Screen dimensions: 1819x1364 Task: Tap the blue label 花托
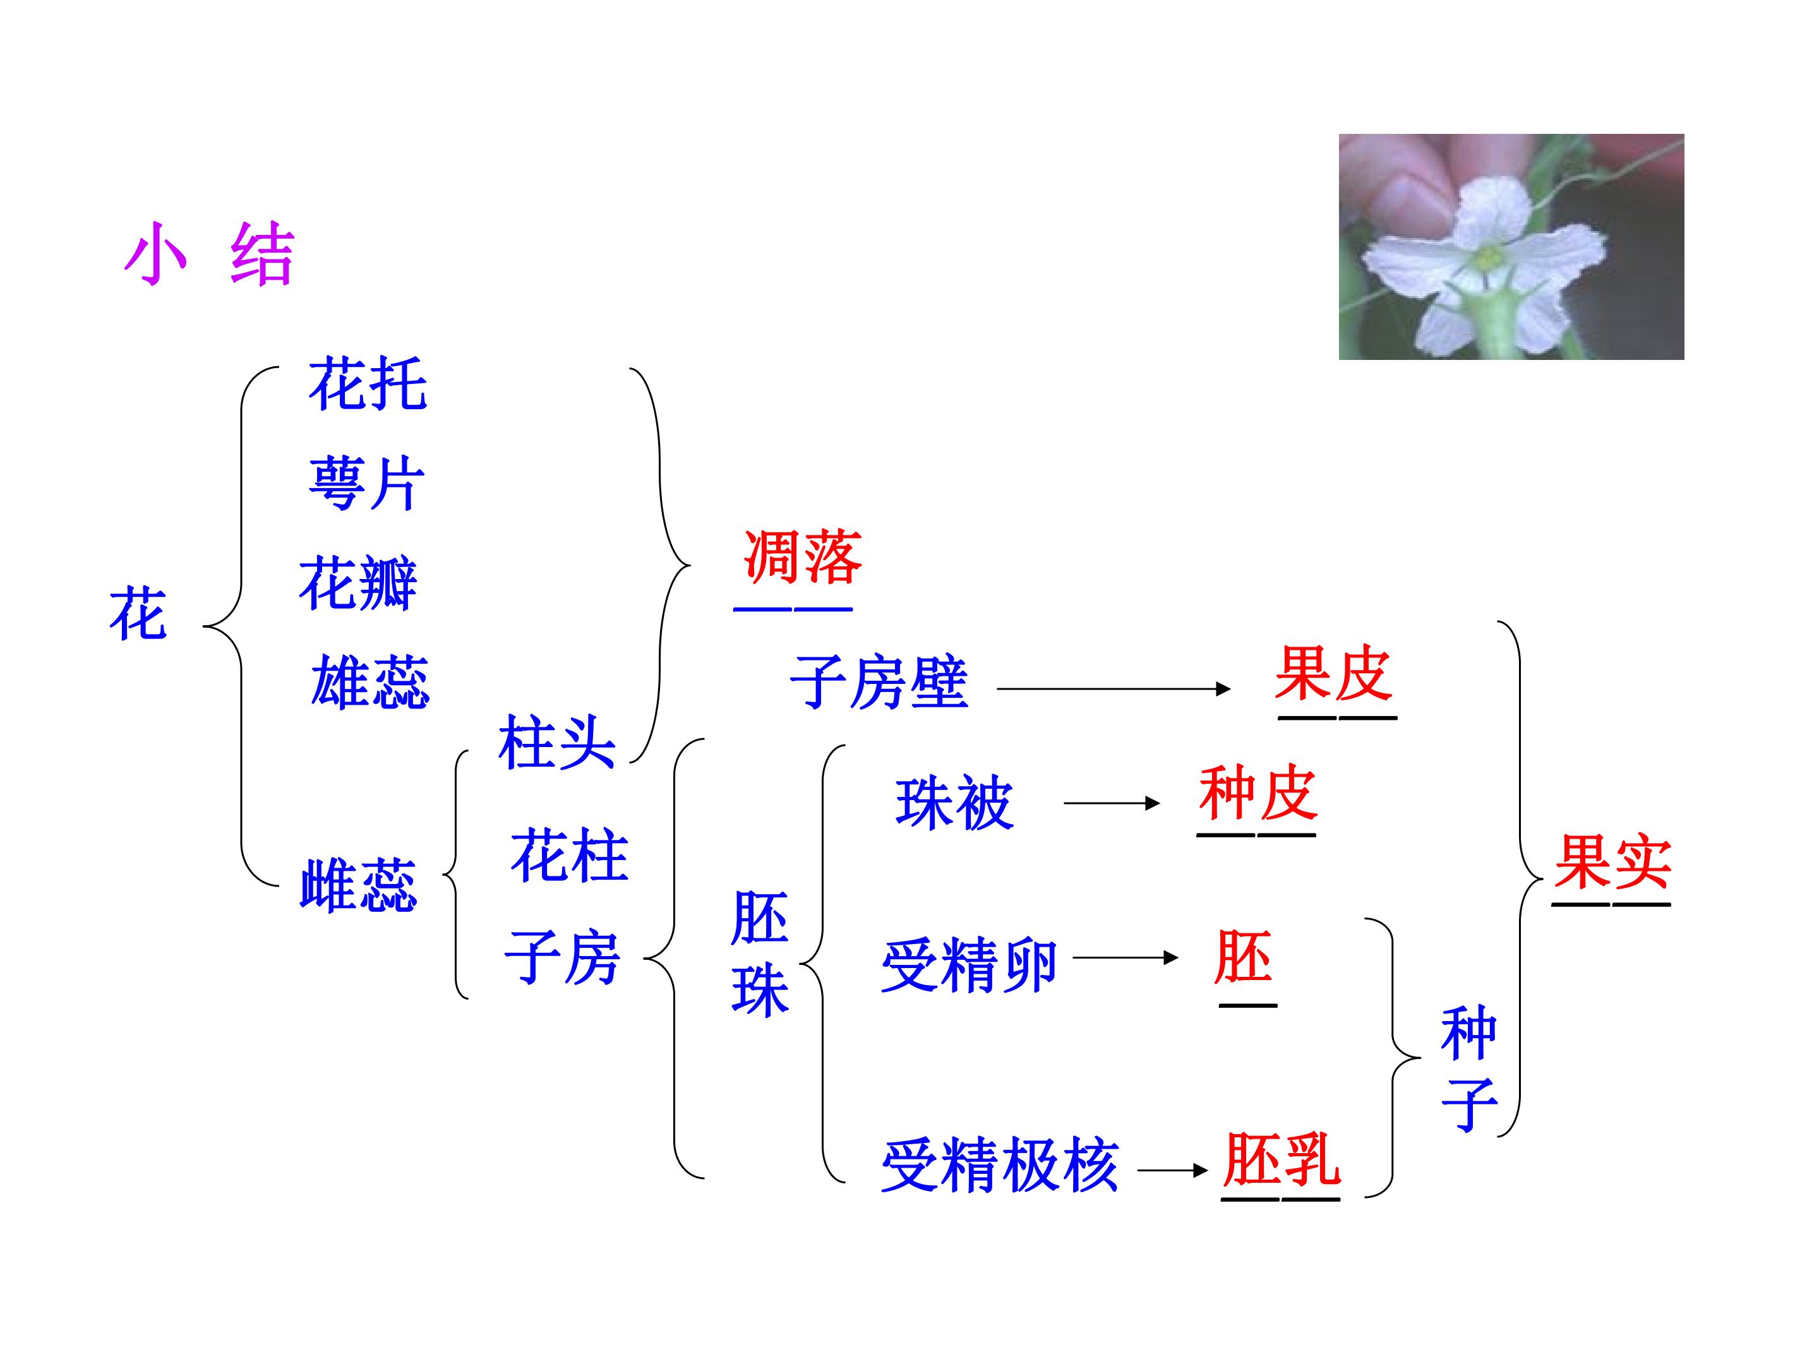[x=368, y=383]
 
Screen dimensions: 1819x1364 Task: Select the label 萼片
[x=367, y=484]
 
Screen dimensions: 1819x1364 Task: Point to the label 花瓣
[x=359, y=583]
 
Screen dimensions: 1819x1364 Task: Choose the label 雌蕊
[x=359, y=885]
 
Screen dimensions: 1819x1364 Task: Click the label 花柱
[x=569, y=856]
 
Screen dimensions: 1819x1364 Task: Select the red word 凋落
[x=803, y=556]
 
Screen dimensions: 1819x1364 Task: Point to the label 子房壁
[x=879, y=683]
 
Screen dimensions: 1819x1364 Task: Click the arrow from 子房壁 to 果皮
[x=1114, y=688]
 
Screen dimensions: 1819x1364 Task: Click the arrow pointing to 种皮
[x=1112, y=803]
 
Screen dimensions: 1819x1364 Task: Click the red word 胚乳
[x=1281, y=1159]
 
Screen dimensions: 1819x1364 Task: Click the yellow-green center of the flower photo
[x=1487, y=258]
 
